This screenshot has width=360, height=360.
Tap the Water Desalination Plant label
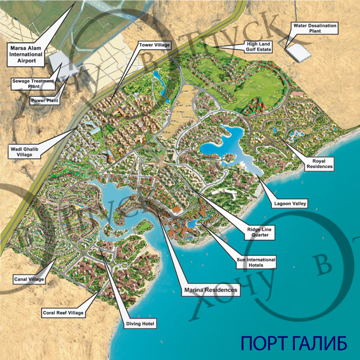pos(315,29)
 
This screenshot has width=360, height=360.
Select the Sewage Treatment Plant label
pos(33,83)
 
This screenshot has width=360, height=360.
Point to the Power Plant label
pos(44,100)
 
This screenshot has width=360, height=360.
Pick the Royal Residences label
pos(319,164)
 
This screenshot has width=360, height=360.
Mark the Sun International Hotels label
pos(257,262)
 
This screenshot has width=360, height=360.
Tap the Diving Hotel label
pos(141,324)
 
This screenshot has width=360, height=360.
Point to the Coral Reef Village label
pos(63,313)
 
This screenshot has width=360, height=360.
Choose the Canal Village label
pos(28,280)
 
